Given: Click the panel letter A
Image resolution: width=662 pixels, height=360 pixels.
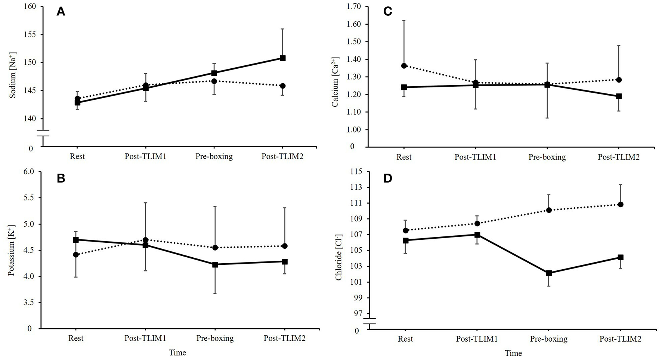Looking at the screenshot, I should tap(61, 12).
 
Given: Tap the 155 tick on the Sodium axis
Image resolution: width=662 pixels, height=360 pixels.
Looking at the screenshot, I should tap(30, 35).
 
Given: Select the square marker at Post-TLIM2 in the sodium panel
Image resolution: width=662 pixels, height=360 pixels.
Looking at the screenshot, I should tap(283, 58).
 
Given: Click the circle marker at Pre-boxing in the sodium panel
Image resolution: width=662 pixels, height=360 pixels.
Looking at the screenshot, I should tap(214, 81).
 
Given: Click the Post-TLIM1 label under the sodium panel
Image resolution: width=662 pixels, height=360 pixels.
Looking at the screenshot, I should tap(145, 156).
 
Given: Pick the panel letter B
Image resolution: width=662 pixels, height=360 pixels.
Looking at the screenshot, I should tap(61, 179).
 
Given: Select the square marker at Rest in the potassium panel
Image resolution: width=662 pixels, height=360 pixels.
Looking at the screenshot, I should tap(76, 240).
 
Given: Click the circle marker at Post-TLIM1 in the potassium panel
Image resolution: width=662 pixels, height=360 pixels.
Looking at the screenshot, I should tap(146, 240).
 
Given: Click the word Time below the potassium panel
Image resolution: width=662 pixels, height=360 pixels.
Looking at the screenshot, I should tap(177, 353).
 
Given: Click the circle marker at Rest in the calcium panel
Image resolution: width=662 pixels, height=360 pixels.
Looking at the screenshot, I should tap(404, 66).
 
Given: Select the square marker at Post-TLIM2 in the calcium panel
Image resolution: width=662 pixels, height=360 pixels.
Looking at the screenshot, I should tap(619, 96).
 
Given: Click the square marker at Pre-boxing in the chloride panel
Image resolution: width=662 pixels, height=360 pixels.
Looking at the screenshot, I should tap(549, 273).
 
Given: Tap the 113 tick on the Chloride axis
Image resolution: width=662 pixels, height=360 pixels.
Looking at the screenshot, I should tap(358, 187).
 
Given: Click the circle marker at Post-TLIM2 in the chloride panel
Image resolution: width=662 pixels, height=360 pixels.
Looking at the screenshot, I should tap(621, 204).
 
